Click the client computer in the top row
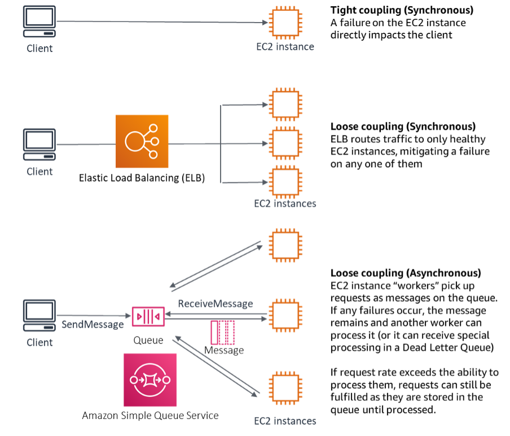tap(39, 22)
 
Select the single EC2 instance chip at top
tap(285, 22)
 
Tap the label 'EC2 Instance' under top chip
tap(285, 47)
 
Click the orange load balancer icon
tap(142, 141)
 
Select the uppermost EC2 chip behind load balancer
tap(285, 104)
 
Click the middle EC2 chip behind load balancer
tap(285, 143)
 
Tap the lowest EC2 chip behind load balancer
tap(285, 182)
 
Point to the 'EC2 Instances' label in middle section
tap(285, 204)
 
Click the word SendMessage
tap(93, 325)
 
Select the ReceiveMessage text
tap(216, 304)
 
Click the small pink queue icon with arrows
tap(148, 316)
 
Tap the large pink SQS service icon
tap(150, 380)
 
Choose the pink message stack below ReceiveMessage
tap(222, 332)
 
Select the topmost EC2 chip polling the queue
tap(285, 246)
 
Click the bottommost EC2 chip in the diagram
tap(285, 388)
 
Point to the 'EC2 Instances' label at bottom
tap(285, 421)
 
